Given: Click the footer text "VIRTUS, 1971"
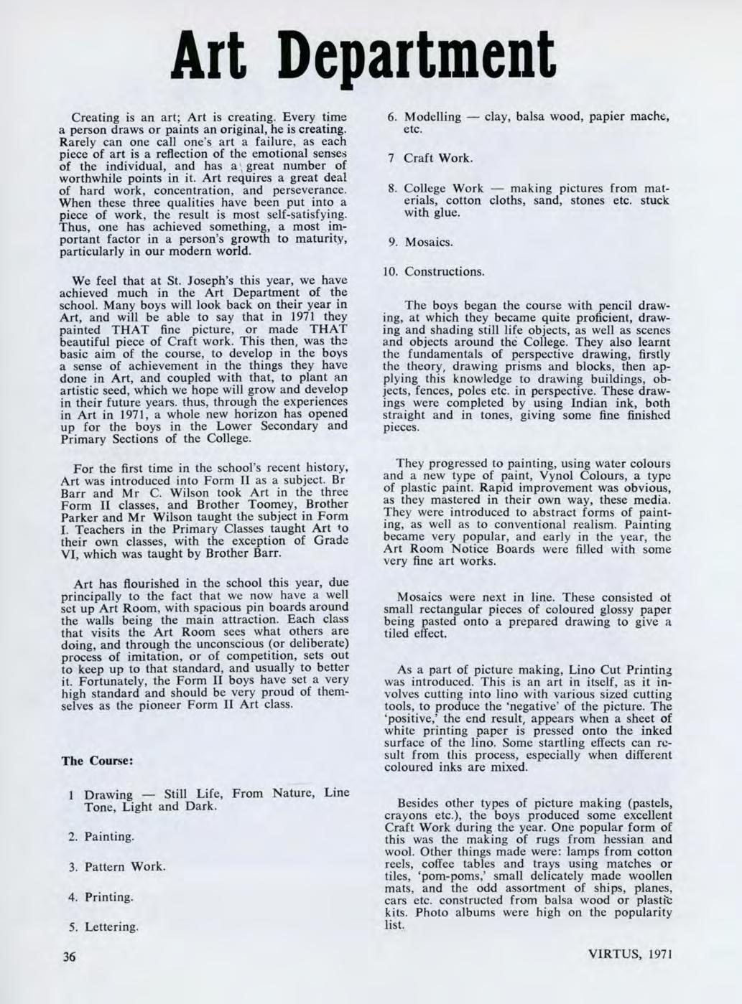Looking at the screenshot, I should click(630, 955).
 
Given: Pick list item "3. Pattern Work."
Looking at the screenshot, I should click(117, 866).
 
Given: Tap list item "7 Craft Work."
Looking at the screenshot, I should click(430, 158).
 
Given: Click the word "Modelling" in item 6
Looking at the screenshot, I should click(432, 117).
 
